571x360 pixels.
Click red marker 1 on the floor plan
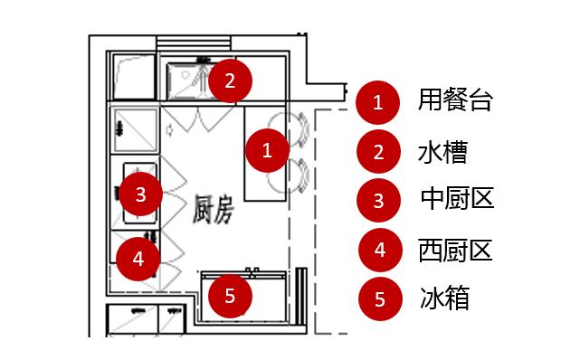[x=266, y=150]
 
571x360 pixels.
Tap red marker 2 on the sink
[x=230, y=81]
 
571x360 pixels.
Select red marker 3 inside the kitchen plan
[x=139, y=193]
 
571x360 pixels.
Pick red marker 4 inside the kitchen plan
[x=138, y=258]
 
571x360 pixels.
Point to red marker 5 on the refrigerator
[x=230, y=294]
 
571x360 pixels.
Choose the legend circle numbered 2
[x=378, y=152]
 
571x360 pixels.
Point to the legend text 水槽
[x=443, y=151]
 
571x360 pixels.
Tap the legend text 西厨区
[x=456, y=249]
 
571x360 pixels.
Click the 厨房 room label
[x=214, y=210]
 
